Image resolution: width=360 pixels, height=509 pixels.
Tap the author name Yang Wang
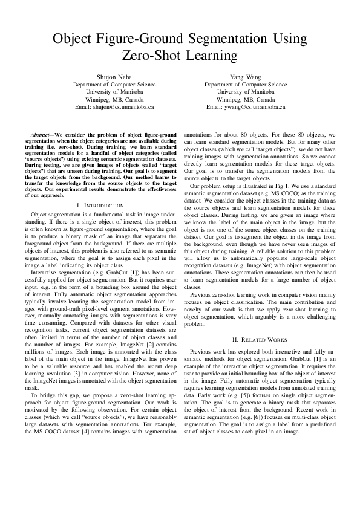click(x=246, y=77)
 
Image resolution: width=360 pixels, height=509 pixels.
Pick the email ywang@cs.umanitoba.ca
click(x=246, y=106)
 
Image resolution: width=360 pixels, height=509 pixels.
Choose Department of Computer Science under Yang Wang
click(x=246, y=85)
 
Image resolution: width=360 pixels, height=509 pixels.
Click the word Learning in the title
click(x=209, y=56)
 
